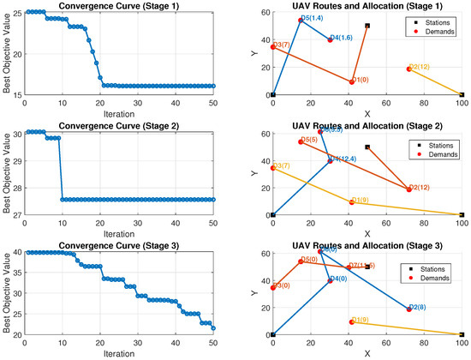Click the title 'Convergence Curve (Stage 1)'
tap(119, 5)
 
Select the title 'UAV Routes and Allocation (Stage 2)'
tap(367, 125)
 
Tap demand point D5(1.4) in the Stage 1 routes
tap(301, 21)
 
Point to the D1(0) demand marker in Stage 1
tap(351, 81)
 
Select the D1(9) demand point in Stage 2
tap(351, 202)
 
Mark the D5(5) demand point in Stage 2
tap(301, 141)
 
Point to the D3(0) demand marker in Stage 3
tap(273, 287)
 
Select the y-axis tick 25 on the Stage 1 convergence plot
tap(16, 12)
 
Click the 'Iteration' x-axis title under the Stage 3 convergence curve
tap(119, 352)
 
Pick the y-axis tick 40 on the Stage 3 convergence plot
tap(16, 252)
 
